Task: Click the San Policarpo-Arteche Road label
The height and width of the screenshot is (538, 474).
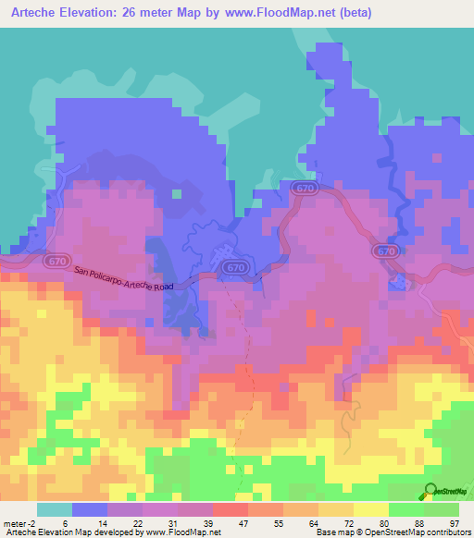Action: [x=124, y=279]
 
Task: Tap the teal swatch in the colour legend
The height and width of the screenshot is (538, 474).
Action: [x=55, y=509]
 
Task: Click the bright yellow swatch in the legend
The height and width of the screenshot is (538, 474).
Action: [x=370, y=509]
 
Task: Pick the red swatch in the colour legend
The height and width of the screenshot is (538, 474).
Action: [x=230, y=509]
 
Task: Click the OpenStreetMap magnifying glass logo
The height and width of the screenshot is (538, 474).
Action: [x=431, y=492]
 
